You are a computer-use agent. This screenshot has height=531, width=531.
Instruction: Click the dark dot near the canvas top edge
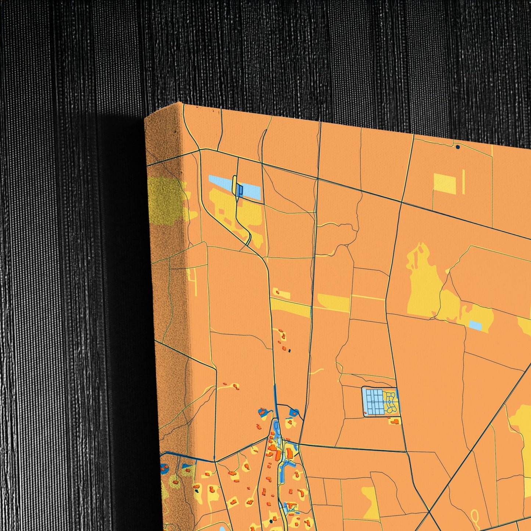pyautogui.click(x=458, y=147)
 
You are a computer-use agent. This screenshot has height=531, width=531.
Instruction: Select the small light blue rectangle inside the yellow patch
pyautogui.click(x=476, y=325)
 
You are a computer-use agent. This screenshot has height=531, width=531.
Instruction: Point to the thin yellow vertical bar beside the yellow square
pyautogui.click(x=464, y=182)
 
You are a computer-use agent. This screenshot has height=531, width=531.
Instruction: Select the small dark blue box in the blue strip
pyautogui.click(x=240, y=190)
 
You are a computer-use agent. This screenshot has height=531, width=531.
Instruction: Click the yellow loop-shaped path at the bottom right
pyautogui.click(x=476, y=517)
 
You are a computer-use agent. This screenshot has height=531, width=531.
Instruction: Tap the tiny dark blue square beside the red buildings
pyautogui.click(x=290, y=351)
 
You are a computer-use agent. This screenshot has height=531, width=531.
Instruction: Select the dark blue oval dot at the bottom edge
pyautogui.click(x=271, y=521)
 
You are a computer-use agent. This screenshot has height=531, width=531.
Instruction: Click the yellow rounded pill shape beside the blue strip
pyautogui.click(x=234, y=184)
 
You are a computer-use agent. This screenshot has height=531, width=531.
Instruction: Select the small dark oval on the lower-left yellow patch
pyautogui.click(x=197, y=491)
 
